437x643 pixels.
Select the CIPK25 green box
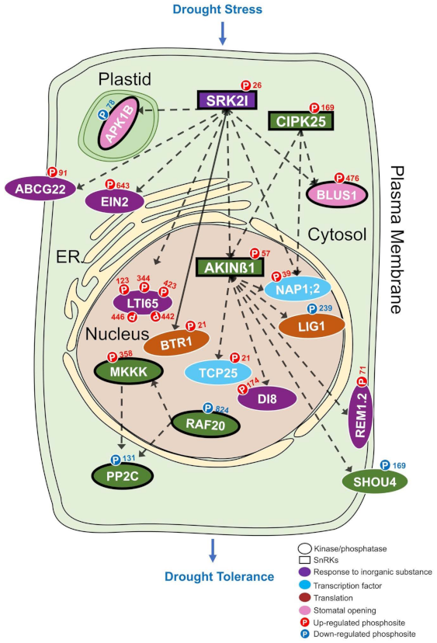[300, 121]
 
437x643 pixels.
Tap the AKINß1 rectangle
[224, 267]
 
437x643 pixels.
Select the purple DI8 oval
[268, 400]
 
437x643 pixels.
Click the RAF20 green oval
[202, 423]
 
